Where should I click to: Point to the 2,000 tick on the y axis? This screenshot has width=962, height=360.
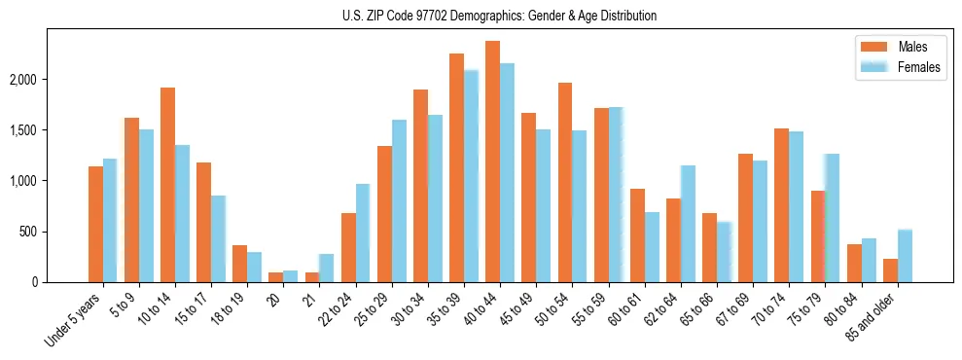point(24,79)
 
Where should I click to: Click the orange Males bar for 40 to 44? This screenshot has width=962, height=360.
point(492,162)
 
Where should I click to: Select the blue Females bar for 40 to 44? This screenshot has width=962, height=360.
point(507,172)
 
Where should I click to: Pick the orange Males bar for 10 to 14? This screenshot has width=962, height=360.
point(167,185)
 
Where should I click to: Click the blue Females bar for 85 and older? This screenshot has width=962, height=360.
point(905,256)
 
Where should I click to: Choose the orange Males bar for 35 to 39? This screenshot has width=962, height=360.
point(456,167)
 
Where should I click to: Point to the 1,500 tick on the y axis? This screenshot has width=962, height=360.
point(24,129)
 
